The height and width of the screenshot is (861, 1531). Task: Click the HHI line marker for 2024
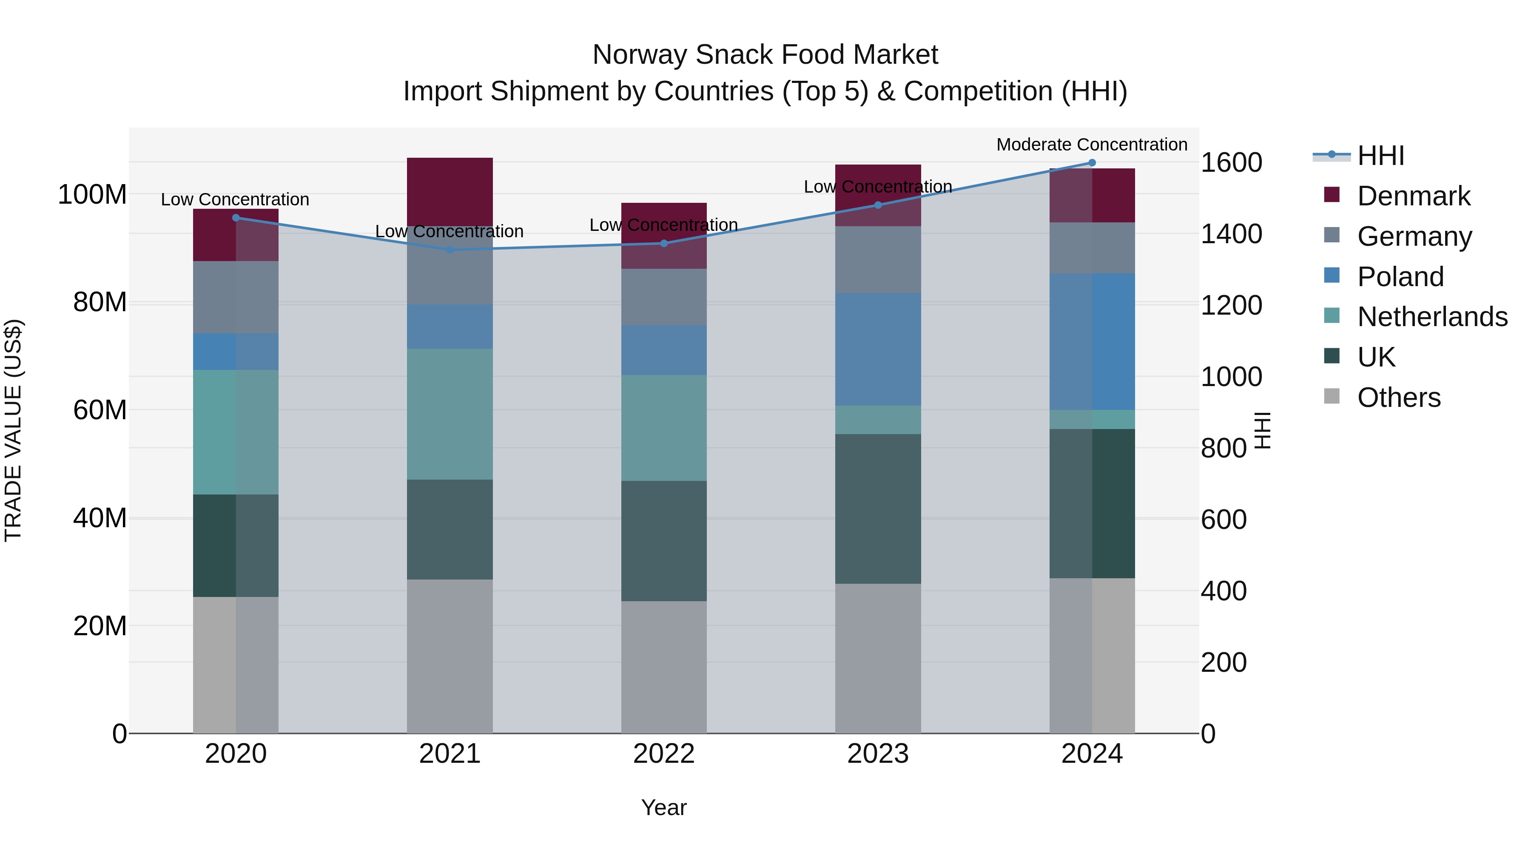pos(1092,162)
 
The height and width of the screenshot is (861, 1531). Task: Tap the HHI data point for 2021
pos(450,250)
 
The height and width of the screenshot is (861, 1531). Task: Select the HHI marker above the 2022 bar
pos(664,243)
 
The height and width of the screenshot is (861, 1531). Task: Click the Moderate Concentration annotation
pos(1092,145)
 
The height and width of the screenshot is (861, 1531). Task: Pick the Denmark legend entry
pos(1413,196)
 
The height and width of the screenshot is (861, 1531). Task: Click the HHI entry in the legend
pos(1380,156)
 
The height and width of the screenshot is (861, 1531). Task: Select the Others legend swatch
pos(1332,396)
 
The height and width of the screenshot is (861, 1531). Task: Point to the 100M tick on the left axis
pos(92,194)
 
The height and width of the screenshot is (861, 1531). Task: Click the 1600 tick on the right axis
pos(1231,162)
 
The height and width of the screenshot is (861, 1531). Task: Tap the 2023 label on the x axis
pos(878,754)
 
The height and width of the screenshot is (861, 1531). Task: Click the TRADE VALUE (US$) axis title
pos(13,430)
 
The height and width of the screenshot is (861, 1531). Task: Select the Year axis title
pos(664,807)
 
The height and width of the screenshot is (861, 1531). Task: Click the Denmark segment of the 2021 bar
pos(450,191)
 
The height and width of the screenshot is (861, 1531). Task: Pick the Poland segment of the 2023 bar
pos(878,349)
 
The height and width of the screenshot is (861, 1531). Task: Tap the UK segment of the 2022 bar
pos(664,541)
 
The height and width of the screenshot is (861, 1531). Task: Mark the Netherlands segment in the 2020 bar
pos(236,432)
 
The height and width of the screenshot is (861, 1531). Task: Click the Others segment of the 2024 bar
pos(1092,655)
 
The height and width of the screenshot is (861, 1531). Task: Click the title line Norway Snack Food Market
pos(765,55)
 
